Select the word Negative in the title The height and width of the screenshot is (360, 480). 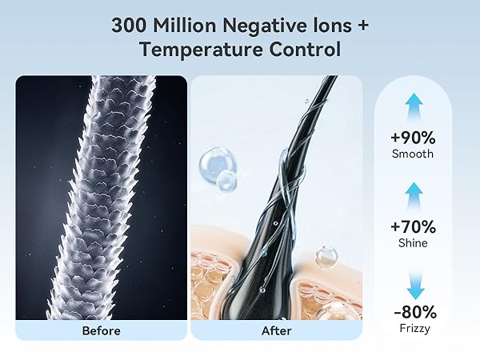point(266,25)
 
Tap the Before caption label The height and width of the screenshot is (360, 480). point(101,330)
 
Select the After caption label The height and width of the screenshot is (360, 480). point(276,330)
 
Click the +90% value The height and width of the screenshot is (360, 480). point(414,136)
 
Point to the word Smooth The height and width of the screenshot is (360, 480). point(414,154)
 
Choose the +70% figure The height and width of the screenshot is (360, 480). point(414,226)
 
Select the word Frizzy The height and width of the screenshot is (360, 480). point(414,327)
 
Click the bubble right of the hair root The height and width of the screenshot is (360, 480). point(326,256)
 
